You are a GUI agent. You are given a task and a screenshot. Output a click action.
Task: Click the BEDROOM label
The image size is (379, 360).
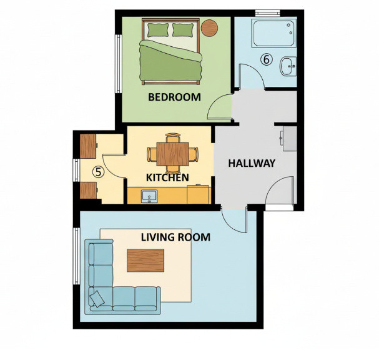coord(174,97)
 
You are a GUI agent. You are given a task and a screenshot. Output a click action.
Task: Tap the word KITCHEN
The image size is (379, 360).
coord(167,177)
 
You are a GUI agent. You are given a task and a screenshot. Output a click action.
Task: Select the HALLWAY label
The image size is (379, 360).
coord(252,163)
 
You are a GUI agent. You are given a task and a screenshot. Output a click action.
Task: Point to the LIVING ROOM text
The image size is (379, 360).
coord(175,237)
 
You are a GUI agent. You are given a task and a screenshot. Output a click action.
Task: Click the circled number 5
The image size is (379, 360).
coord(99,172)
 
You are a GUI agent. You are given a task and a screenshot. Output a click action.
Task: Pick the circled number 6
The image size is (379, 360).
coord(267,59)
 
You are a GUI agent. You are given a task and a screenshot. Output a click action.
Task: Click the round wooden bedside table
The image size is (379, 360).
coord(210,28)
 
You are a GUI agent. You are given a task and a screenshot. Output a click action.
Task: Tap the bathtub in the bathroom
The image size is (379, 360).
coord(274,33)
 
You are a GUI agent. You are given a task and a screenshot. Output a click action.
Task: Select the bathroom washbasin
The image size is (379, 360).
coord(288,66)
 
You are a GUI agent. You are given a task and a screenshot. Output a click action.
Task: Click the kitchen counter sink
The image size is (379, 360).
coord(149,196)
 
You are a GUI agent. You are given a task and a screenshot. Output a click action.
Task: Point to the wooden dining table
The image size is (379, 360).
coord(172,154)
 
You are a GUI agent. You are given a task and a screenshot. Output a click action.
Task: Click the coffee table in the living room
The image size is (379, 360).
coord(145,261)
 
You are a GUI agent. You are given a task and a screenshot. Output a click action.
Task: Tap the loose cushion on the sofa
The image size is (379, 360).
coord(97,299)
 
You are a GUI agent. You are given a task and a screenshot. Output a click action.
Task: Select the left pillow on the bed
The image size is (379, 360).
coord(158,30)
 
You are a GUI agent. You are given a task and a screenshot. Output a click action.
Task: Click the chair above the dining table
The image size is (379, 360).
coord(173,137)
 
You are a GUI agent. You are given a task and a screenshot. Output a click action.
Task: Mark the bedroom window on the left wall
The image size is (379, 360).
coord(118,64)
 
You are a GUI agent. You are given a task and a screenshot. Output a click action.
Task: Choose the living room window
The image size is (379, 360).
coord(76,256)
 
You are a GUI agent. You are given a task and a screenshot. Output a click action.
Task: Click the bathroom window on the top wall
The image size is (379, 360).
coord(268,13)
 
